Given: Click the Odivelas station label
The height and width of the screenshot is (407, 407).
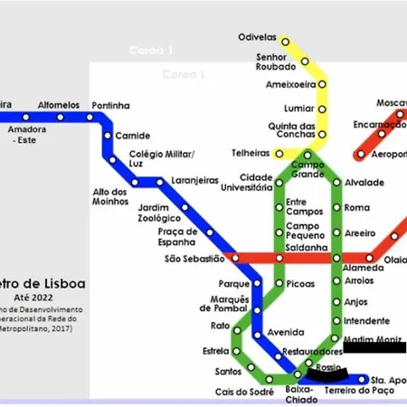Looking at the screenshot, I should click(257, 38).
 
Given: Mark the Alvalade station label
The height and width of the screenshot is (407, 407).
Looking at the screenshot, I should click(364, 183).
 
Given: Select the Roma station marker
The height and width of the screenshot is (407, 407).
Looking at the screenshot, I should click(337, 208).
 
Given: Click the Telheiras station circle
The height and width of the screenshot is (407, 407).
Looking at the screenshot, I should click(279, 155).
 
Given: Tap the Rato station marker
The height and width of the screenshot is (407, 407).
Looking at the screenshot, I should click(238, 326).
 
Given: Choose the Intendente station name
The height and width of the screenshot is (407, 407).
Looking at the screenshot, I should click(366, 320).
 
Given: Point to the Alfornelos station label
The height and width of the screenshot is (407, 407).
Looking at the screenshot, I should click(59, 105).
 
